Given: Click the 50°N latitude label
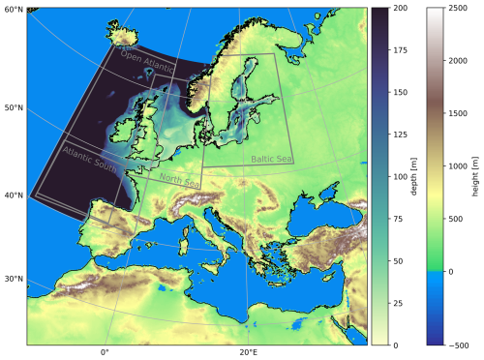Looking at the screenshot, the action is point(13,107).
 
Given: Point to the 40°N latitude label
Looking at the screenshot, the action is point(13,195).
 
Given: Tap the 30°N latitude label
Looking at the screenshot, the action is point(13,280).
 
